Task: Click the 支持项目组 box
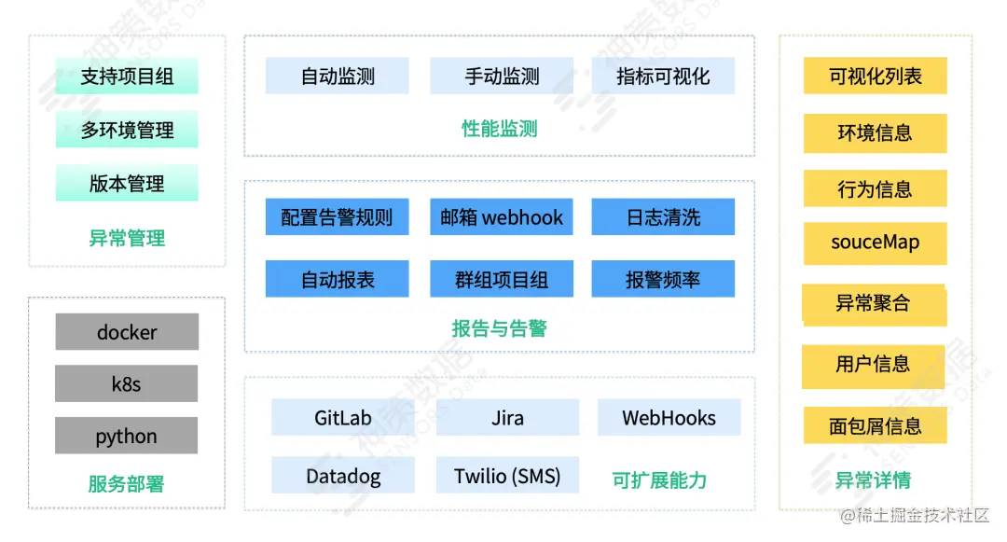(127, 76)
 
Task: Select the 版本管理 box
(127, 183)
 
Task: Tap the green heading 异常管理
(127, 238)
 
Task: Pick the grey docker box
(127, 332)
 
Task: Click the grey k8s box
(127, 383)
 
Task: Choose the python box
(127, 436)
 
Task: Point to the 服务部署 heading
(127, 484)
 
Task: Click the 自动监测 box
(338, 76)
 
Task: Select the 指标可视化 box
(663, 76)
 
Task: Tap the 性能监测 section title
(500, 129)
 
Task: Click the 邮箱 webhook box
(502, 217)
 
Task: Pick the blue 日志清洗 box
(663, 217)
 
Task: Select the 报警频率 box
(663, 279)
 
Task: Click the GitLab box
(343, 418)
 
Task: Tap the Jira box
(507, 418)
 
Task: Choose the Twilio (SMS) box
(507, 476)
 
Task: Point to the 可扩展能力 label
(659, 480)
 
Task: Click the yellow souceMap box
(875, 243)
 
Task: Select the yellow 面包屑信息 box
(875, 425)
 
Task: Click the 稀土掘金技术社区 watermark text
(915, 515)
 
